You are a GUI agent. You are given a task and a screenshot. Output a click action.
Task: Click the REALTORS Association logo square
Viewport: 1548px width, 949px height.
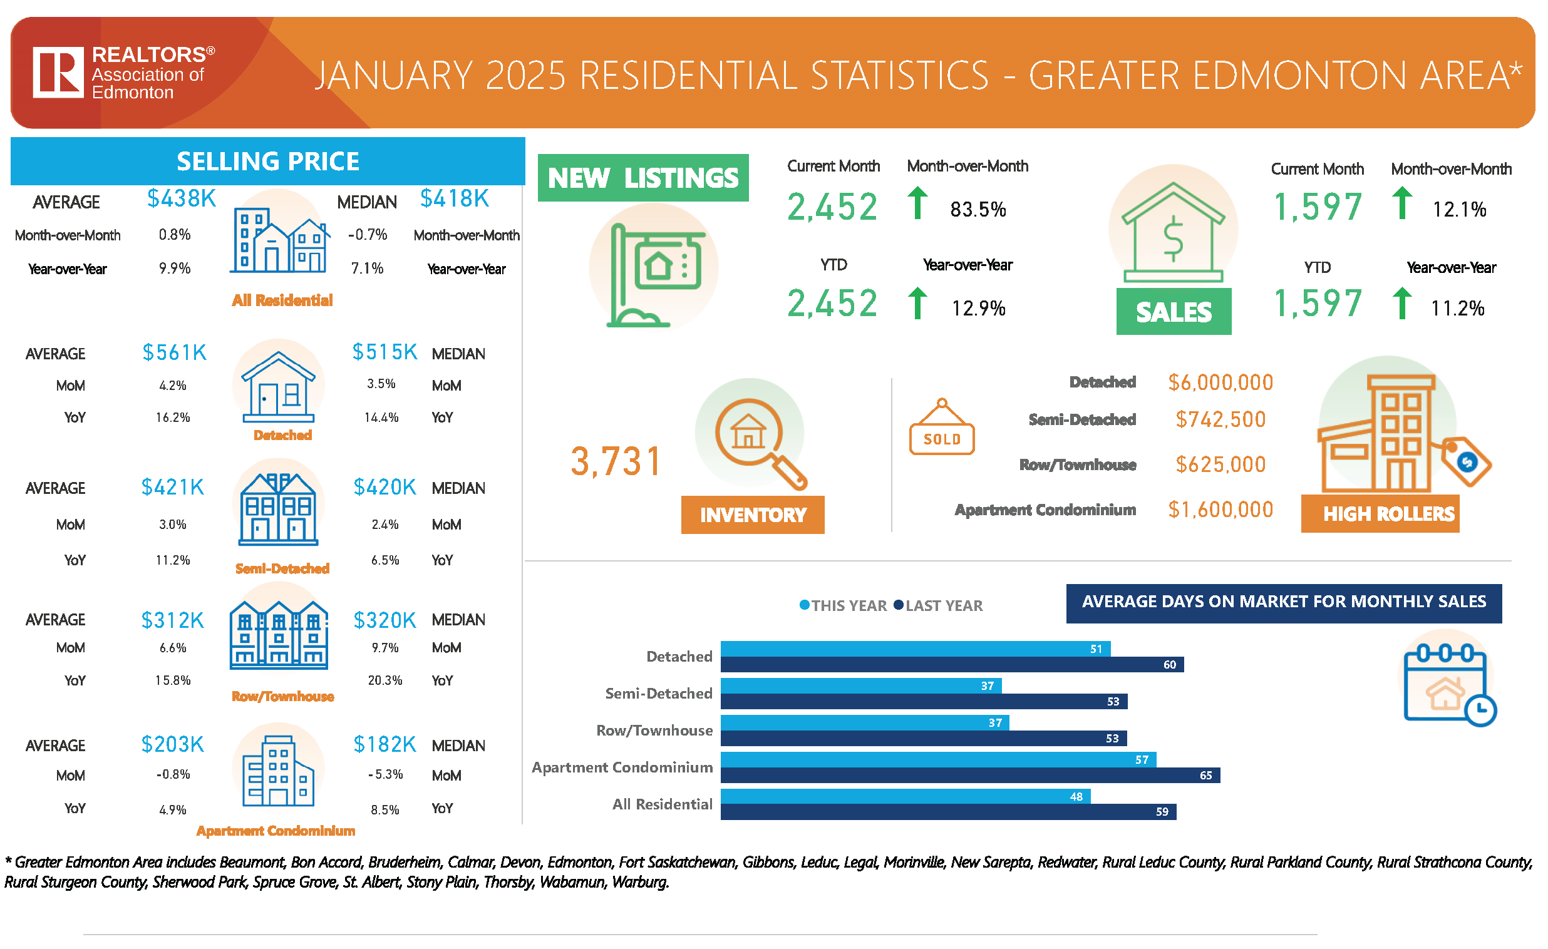click(x=58, y=71)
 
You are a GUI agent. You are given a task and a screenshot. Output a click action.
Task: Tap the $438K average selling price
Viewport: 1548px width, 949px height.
click(x=182, y=198)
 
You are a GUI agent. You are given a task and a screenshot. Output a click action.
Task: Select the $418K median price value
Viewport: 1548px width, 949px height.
click(x=454, y=198)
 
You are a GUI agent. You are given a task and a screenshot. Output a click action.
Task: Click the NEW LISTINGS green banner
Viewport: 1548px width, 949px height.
click(x=642, y=178)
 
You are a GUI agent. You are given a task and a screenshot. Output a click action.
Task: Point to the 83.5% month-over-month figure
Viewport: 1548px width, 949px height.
click(x=978, y=209)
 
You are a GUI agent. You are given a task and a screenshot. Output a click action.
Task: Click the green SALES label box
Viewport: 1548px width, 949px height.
click(x=1173, y=312)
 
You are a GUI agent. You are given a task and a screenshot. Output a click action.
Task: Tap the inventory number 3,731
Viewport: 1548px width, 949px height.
click(x=616, y=461)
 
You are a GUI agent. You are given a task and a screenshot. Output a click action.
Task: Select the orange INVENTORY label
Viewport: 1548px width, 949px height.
click(x=752, y=515)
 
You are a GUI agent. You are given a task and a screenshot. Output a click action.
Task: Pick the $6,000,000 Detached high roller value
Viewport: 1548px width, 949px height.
click(x=1220, y=382)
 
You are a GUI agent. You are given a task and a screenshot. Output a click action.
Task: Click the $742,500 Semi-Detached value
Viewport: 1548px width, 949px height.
click(x=1220, y=419)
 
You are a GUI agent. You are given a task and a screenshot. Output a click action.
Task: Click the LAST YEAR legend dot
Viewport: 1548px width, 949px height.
click(x=899, y=605)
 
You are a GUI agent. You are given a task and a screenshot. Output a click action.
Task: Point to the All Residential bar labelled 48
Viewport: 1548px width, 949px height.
click(x=905, y=796)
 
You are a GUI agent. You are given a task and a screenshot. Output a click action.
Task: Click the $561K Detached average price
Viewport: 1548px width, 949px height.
click(x=174, y=352)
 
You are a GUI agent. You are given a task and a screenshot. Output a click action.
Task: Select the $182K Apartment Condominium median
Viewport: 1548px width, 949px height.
click(x=384, y=744)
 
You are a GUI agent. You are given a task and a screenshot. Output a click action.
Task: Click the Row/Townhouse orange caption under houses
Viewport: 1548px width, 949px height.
click(x=282, y=696)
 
